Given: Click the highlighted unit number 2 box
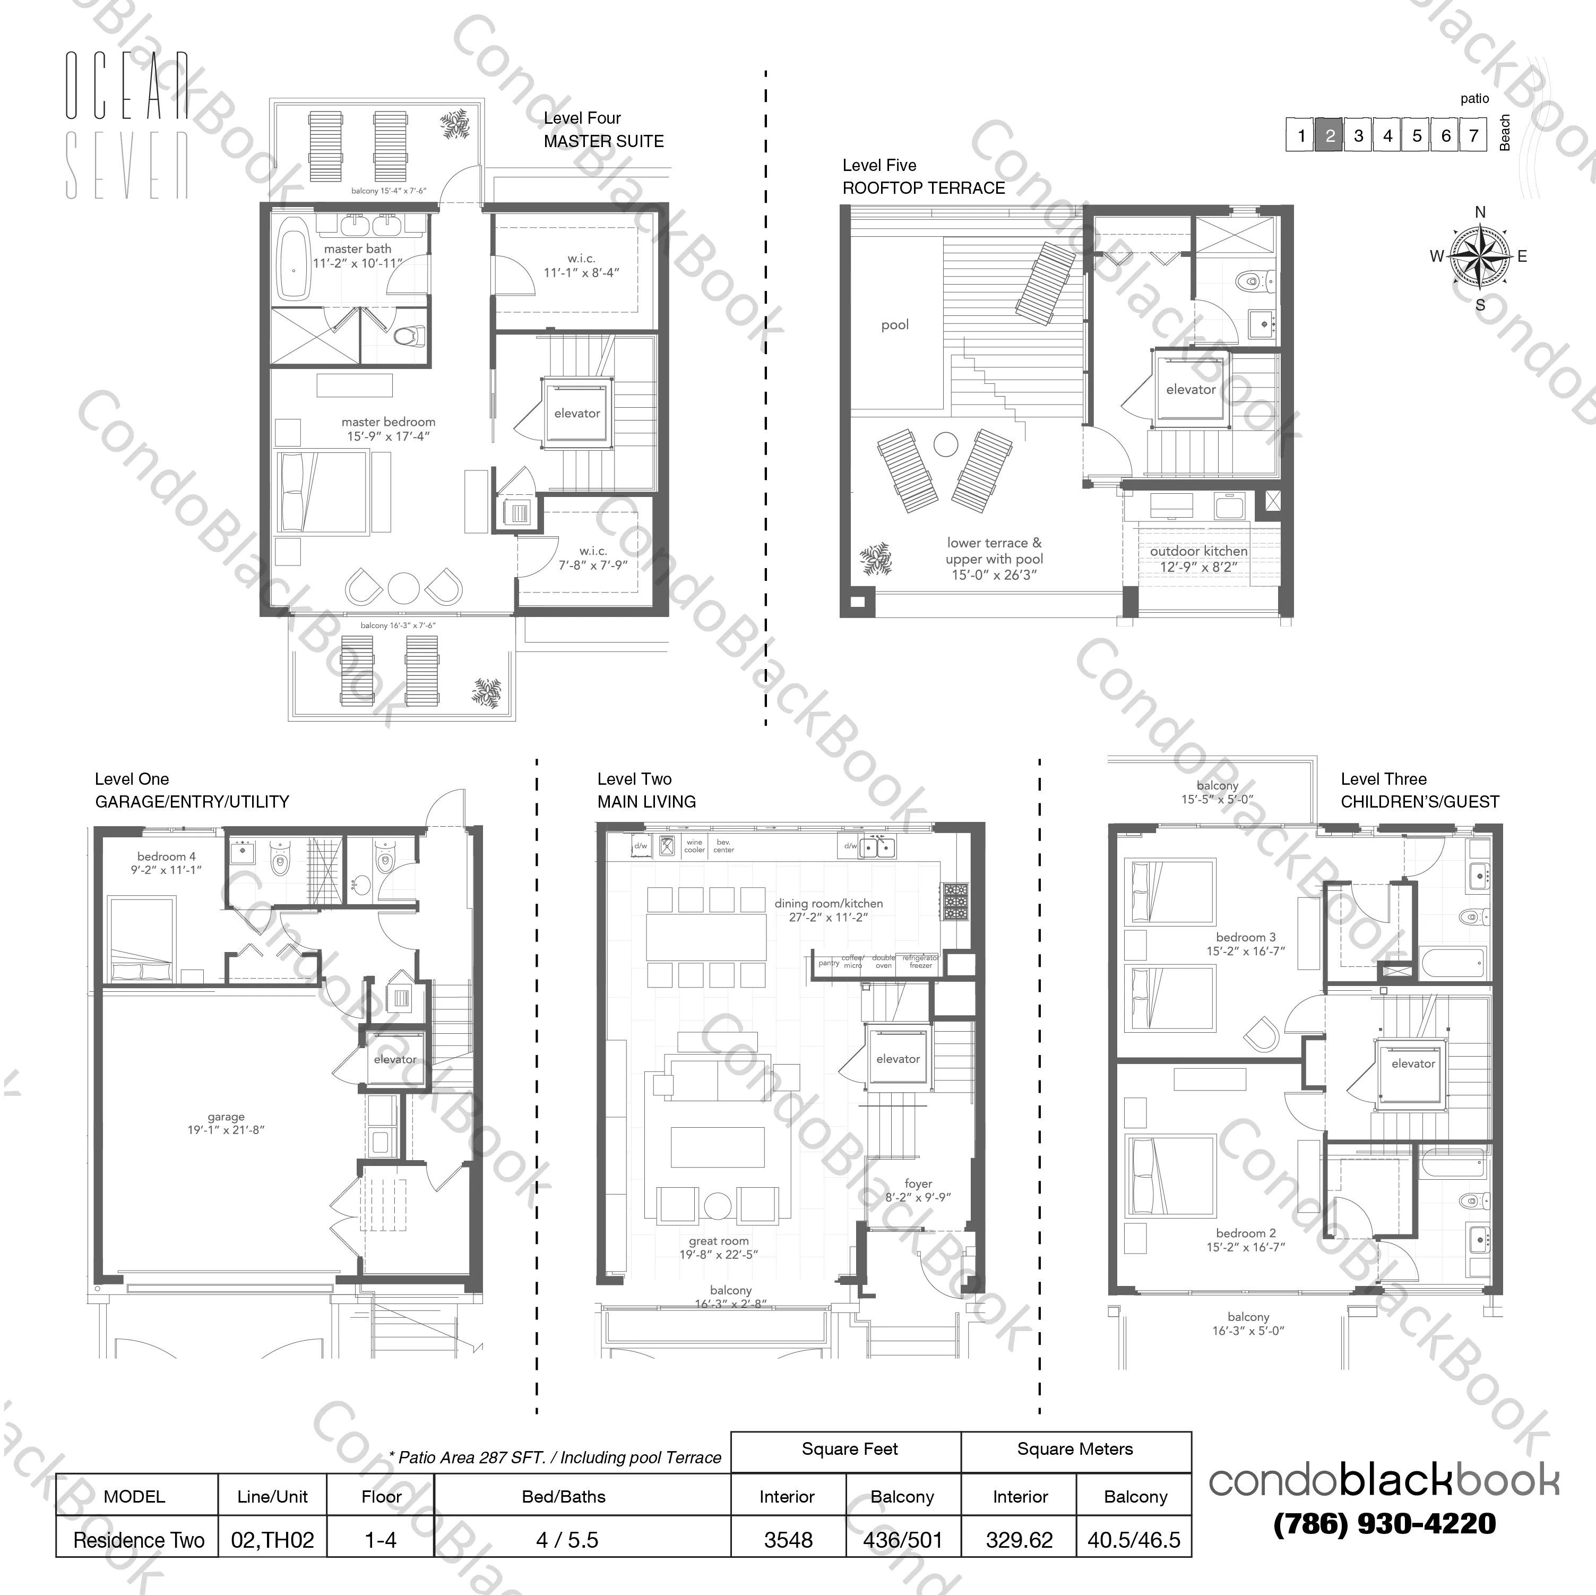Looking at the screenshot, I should (1329, 135).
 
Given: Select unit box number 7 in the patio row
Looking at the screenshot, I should (1473, 135).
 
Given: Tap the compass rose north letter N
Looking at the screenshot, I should (1480, 212).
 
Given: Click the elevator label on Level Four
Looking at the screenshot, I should (576, 413).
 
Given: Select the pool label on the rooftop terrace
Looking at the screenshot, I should (895, 325).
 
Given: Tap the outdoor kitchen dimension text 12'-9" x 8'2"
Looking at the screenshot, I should (1198, 567).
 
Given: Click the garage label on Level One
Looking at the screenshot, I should (226, 1117).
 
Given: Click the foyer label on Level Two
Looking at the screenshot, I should (918, 1184).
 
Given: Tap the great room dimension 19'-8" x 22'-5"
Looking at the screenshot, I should (719, 1255).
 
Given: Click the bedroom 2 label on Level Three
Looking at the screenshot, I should (1246, 1233).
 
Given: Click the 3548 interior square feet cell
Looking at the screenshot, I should (788, 1540).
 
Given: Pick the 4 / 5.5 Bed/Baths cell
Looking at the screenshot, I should (567, 1540).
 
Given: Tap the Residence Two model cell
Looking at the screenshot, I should (138, 1540).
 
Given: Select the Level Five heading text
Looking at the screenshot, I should (879, 165).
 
